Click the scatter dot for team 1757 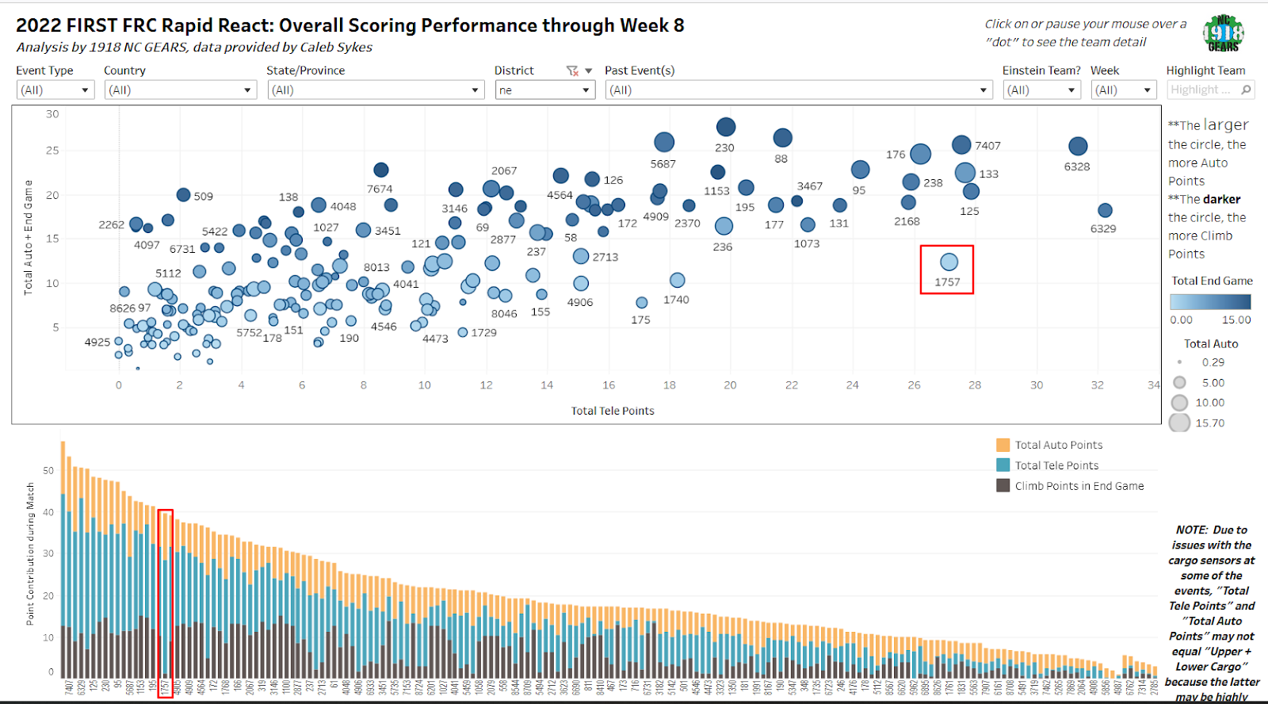point(949,262)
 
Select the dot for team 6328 point(1078,146)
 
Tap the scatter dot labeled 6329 point(1105,210)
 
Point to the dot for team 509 point(183,195)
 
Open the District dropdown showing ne point(544,90)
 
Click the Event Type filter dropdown point(55,90)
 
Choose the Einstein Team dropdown point(1041,90)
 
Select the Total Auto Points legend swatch point(1003,445)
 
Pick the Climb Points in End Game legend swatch point(1003,485)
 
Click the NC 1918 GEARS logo point(1223,33)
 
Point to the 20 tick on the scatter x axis point(730,385)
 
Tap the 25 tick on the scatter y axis point(52,151)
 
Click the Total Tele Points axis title point(613,411)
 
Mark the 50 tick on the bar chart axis point(48,471)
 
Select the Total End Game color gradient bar point(1210,301)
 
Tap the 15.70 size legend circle point(1179,423)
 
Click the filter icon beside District point(572,71)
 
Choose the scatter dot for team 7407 point(961,144)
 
